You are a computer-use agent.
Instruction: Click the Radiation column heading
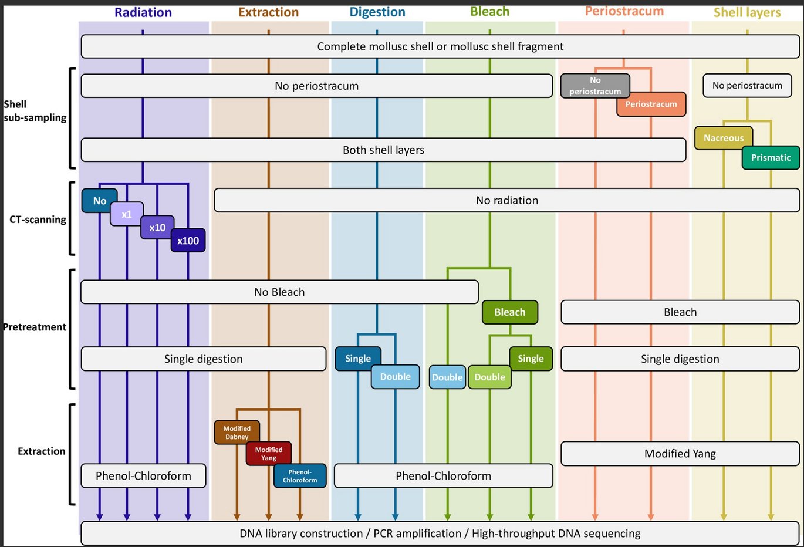tap(143, 12)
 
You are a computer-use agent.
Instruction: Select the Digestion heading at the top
tap(377, 12)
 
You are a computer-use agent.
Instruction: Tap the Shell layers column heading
tap(747, 12)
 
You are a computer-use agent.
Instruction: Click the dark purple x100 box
tap(188, 241)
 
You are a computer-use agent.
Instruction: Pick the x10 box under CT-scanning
tap(157, 228)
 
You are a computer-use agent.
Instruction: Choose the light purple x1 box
tap(127, 214)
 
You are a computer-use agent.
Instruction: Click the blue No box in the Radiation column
tap(99, 201)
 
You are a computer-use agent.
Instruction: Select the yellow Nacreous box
tap(724, 138)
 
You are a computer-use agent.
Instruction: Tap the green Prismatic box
tap(771, 157)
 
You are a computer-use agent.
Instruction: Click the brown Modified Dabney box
tap(237, 433)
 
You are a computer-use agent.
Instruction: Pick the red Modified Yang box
tap(269, 454)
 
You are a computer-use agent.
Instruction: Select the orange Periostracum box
tap(651, 104)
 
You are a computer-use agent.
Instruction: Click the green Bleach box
tap(509, 312)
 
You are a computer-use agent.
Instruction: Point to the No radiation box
tap(506, 200)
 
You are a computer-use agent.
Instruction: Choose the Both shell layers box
tap(383, 150)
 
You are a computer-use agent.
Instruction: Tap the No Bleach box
tap(279, 292)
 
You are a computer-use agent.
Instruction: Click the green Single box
tap(531, 359)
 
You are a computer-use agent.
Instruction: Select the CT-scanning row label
tap(38, 220)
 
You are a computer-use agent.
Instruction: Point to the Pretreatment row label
tap(35, 327)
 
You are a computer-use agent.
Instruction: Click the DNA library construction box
tap(440, 534)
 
